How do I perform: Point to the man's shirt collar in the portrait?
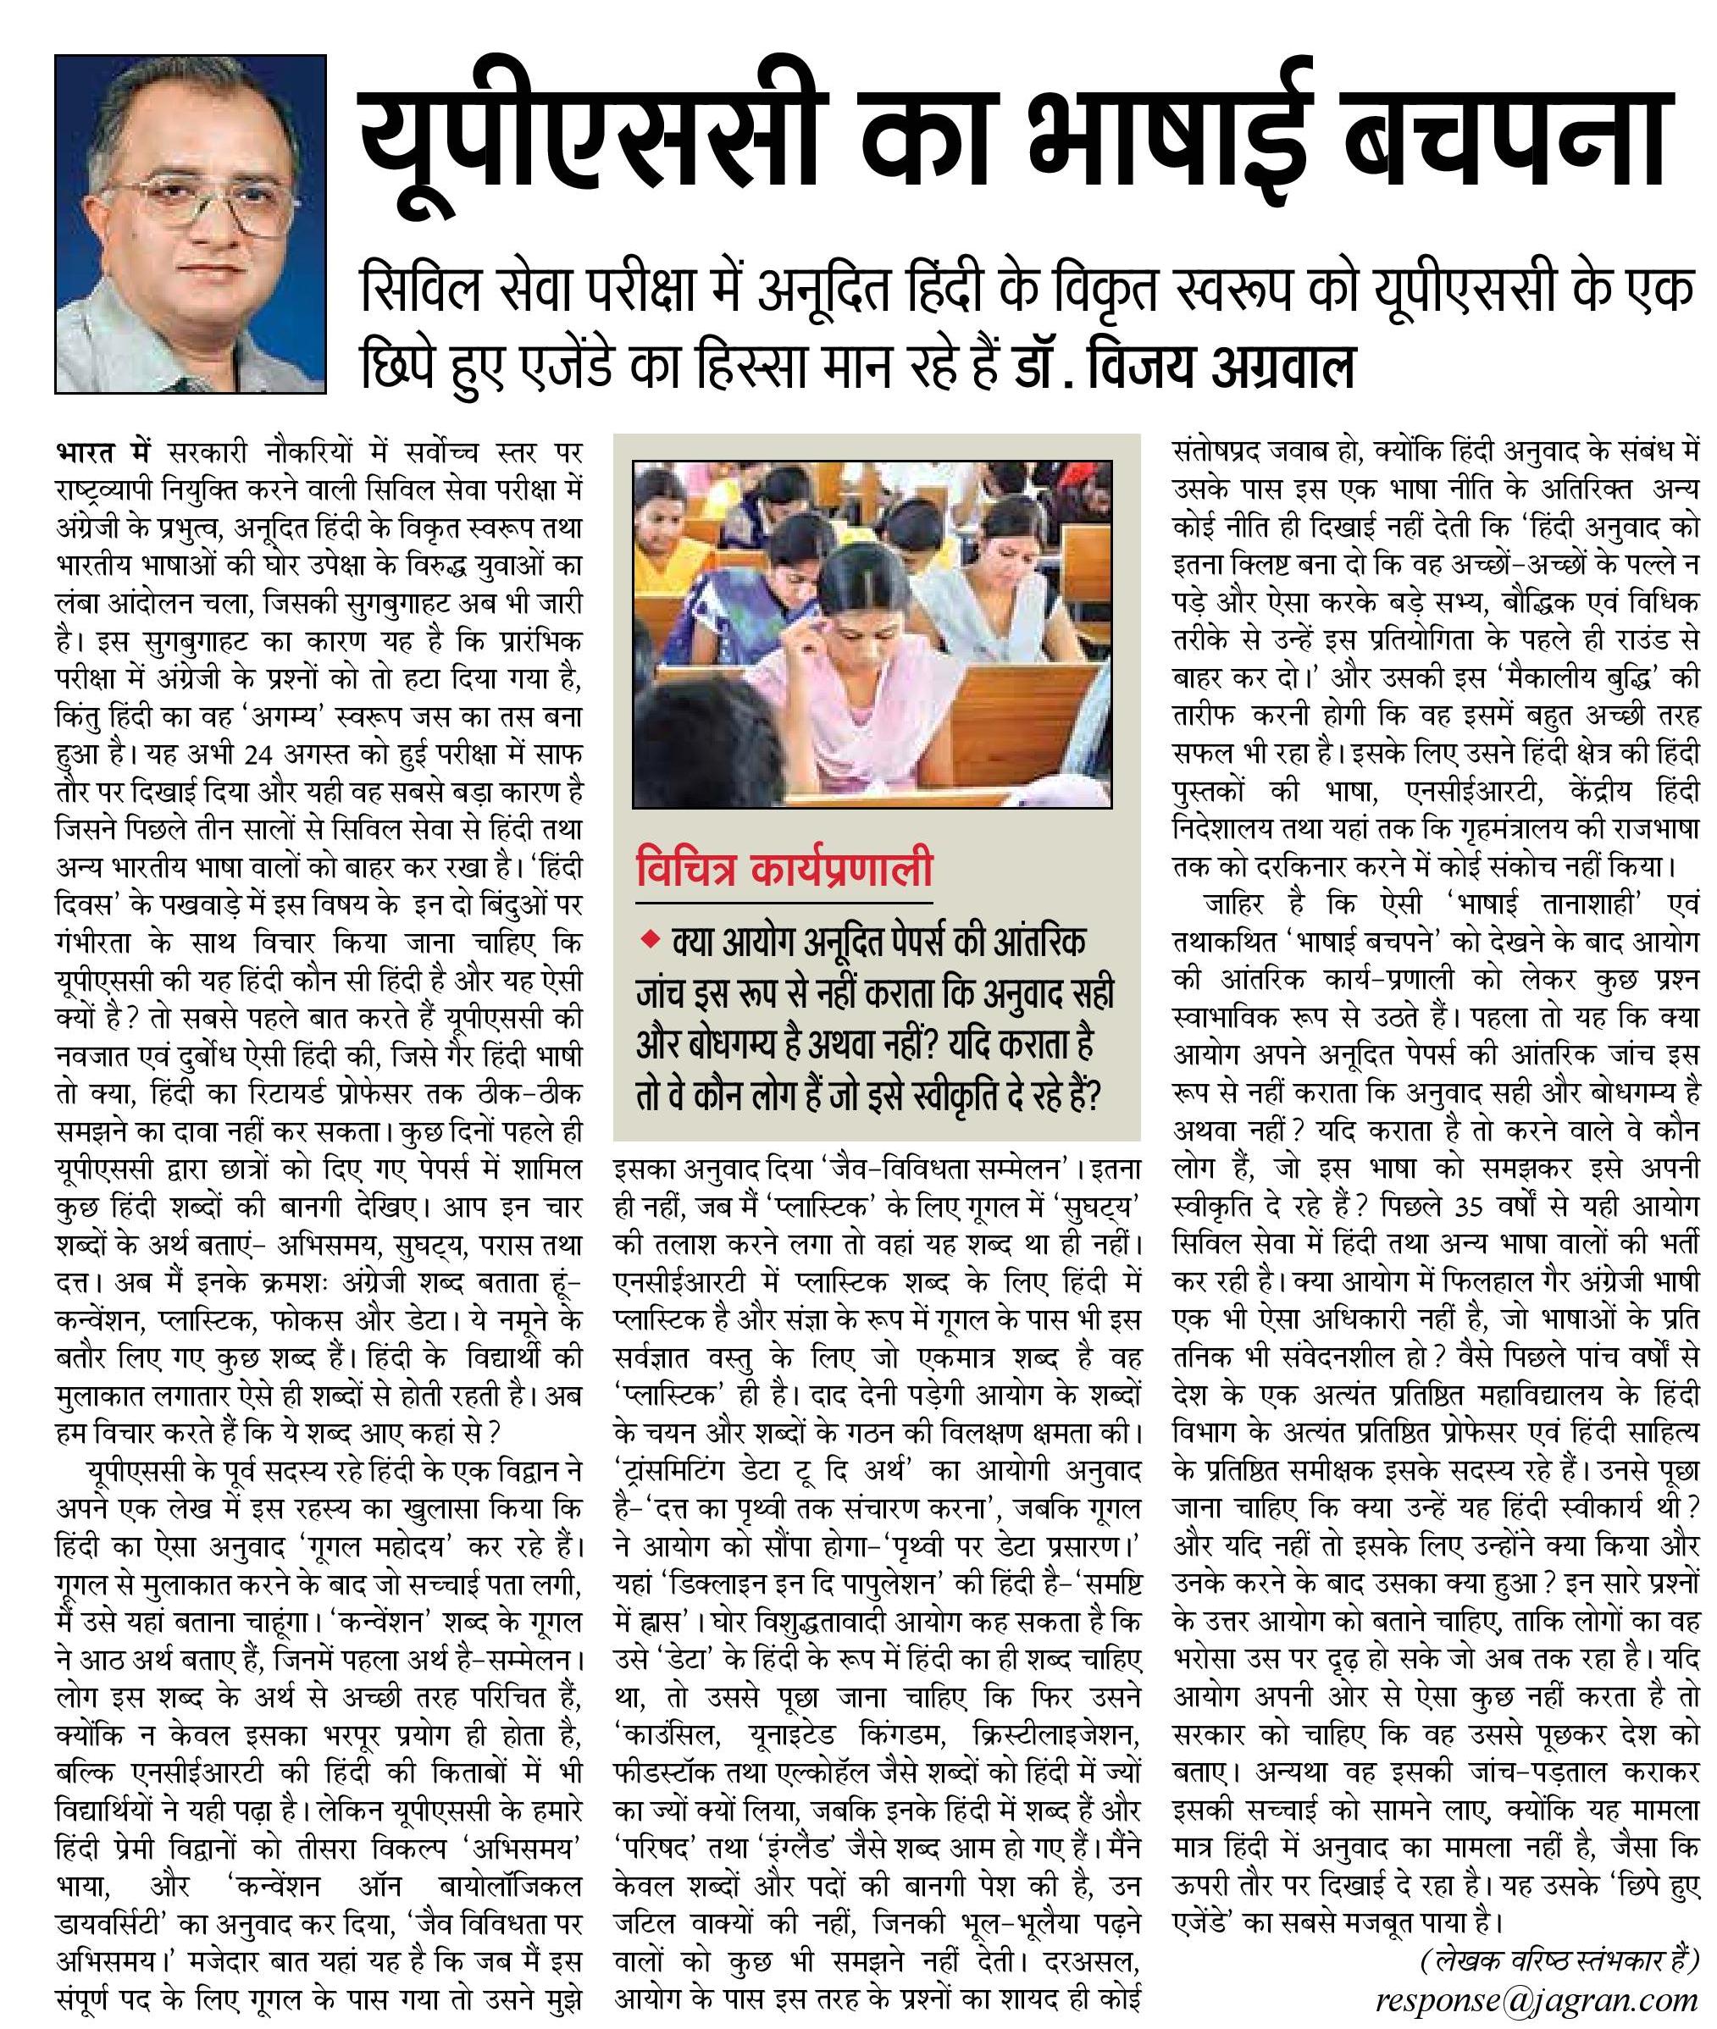coord(146,335)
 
